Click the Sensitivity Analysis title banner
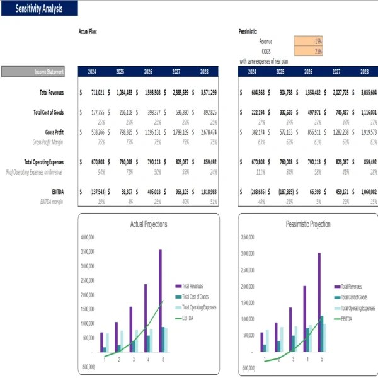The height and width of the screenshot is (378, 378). point(39,9)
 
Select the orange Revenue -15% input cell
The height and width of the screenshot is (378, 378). point(308,41)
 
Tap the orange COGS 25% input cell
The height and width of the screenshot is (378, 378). point(308,51)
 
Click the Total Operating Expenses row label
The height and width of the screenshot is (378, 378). point(43,161)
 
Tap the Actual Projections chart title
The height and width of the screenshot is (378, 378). point(148,224)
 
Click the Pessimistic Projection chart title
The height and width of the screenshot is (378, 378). point(308,224)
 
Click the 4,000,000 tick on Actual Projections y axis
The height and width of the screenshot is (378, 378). point(88,238)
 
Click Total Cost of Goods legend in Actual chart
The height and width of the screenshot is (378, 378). point(195,297)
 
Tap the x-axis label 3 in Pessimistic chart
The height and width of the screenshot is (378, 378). point(293,360)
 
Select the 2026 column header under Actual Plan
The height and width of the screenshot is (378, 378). point(148,72)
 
